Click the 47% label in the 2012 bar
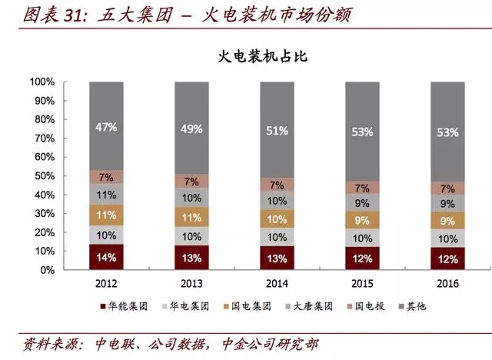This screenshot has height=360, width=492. (107, 127)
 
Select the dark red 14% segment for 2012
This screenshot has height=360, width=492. (107, 257)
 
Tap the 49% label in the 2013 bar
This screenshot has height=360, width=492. (192, 128)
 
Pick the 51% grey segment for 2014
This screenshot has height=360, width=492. (278, 132)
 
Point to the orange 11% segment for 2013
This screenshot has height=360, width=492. (192, 218)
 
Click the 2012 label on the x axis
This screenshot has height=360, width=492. (107, 283)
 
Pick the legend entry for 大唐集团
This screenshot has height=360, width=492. (311, 306)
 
